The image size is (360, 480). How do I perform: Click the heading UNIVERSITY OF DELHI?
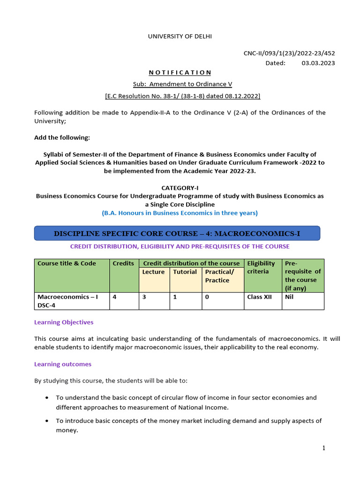click(x=180, y=36)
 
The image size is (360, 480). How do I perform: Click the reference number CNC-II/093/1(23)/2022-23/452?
click(x=289, y=53)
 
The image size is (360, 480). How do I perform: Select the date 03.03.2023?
click(x=318, y=63)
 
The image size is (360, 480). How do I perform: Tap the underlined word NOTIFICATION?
click(x=180, y=72)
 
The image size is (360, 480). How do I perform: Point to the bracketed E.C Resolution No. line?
click(x=182, y=96)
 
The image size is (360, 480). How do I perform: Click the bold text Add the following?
click(x=62, y=137)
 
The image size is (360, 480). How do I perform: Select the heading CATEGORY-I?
click(x=180, y=187)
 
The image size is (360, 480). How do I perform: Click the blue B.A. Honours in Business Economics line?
click(x=180, y=213)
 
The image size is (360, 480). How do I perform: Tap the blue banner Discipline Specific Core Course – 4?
click(x=177, y=233)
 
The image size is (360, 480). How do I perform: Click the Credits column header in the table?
click(x=123, y=263)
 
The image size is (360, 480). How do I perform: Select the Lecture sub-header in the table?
click(x=153, y=272)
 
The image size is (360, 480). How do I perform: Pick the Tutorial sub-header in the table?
click(x=185, y=272)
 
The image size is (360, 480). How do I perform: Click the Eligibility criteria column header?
click(x=262, y=267)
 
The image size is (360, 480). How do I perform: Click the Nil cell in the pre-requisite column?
click(x=289, y=297)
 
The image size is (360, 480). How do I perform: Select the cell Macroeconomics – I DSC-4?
click(x=68, y=301)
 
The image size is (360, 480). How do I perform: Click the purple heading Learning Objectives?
click(x=64, y=322)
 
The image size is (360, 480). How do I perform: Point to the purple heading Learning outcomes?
click(x=63, y=364)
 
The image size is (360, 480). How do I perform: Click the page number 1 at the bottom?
click(x=323, y=448)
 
